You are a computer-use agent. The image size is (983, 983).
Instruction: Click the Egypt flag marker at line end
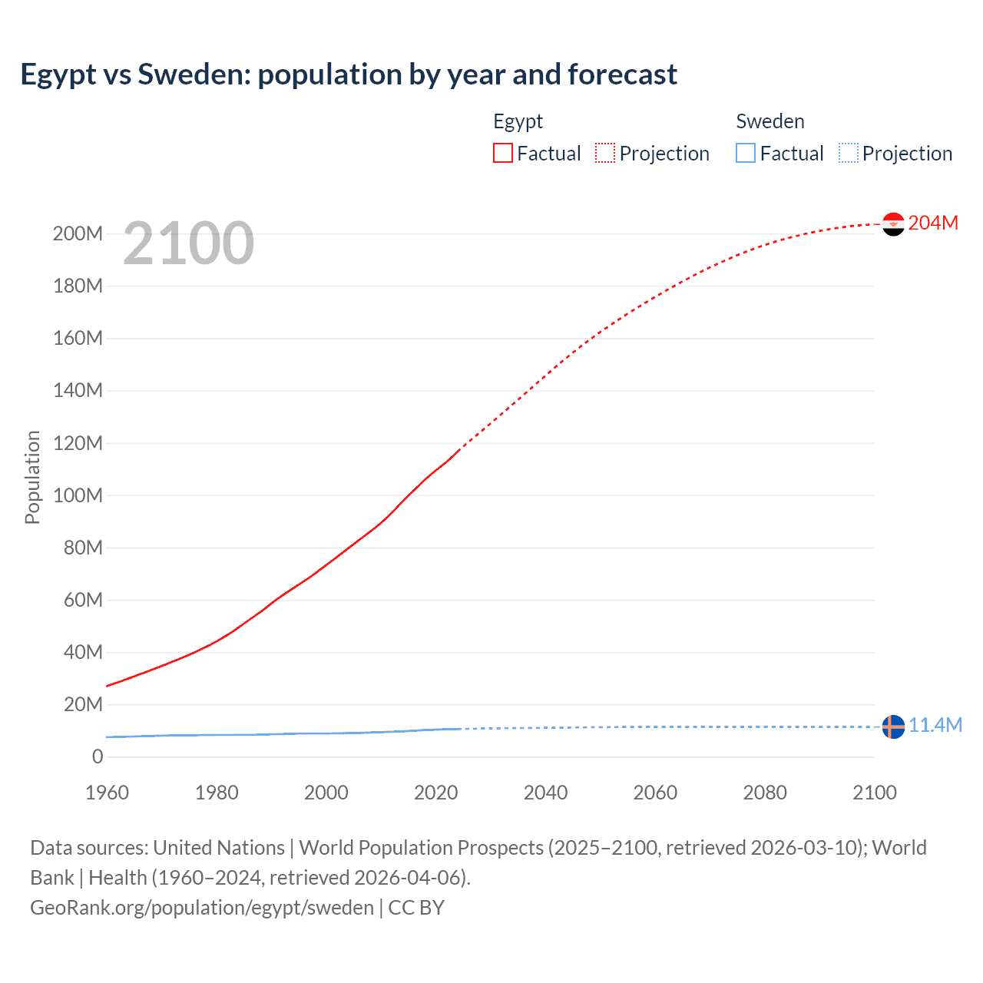tap(893, 224)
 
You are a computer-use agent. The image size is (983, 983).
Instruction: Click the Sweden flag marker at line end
tap(893, 726)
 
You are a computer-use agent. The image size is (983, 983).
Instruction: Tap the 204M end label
tap(933, 223)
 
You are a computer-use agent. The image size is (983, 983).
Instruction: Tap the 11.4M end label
tap(935, 726)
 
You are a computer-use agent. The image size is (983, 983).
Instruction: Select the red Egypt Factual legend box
tap(503, 154)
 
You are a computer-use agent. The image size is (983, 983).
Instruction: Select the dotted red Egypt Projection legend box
tap(605, 154)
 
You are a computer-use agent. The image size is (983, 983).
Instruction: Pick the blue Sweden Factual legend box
tap(746, 154)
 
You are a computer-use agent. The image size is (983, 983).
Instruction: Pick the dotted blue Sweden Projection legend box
tap(849, 154)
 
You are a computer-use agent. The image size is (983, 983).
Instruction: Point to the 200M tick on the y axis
tap(78, 233)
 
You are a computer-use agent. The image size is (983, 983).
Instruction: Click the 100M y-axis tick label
tap(78, 495)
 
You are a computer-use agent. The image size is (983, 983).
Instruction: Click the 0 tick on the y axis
tap(98, 757)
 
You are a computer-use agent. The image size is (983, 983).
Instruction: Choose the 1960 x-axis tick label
tap(107, 793)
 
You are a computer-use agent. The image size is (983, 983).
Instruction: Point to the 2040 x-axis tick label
tap(545, 793)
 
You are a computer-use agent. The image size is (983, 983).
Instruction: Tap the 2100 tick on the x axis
tap(874, 793)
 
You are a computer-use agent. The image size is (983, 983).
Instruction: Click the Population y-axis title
tap(32, 477)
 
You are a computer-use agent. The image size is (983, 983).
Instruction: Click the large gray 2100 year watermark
tap(188, 243)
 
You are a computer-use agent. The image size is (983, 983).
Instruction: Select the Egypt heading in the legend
tap(518, 121)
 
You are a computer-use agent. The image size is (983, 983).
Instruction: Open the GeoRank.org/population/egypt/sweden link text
tap(202, 908)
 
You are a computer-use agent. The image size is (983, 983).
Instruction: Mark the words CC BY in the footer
tap(416, 908)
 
